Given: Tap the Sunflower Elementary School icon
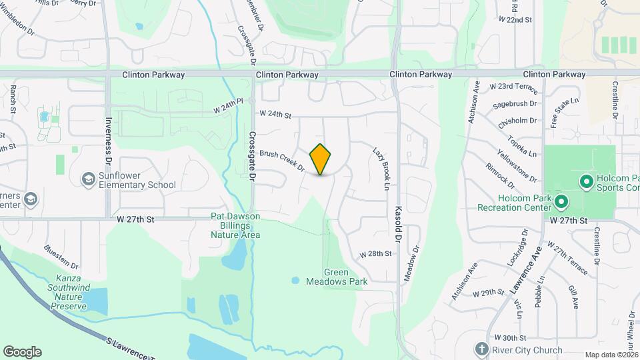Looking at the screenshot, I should pyautogui.click(x=88, y=179).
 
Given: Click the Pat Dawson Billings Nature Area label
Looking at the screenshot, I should pyautogui.click(x=235, y=225).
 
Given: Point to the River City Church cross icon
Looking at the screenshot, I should pyautogui.click(x=482, y=349).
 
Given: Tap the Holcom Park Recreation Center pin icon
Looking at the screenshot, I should pyautogui.click(x=561, y=201).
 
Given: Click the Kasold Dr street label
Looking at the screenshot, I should pyautogui.click(x=399, y=223).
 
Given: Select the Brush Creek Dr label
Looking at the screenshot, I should pyautogui.click(x=282, y=159).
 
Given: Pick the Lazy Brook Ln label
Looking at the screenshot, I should pyautogui.click(x=381, y=169).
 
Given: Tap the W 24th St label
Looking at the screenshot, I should pyautogui.click(x=276, y=115).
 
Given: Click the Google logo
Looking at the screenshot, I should pyautogui.click(x=22, y=352).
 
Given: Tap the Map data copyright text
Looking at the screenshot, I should pyautogui.click(x=611, y=355).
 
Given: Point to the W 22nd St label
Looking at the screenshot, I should pyautogui.click(x=515, y=20).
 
